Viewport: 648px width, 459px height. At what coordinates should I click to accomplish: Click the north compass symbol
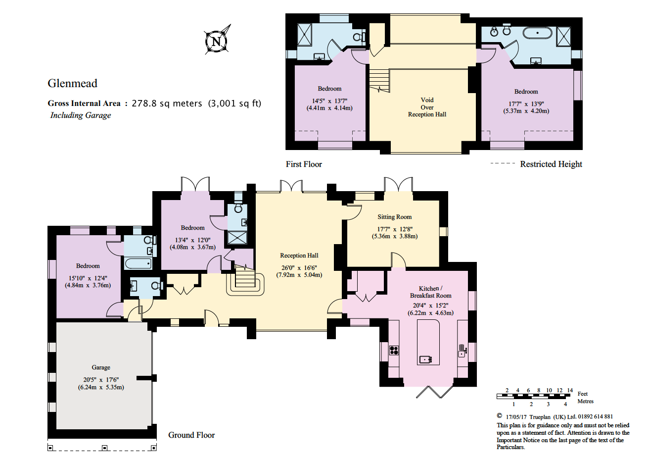coord(217,40)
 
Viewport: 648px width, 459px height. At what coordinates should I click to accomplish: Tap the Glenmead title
coord(72,83)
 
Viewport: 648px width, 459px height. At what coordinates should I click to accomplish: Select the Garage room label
coord(101,367)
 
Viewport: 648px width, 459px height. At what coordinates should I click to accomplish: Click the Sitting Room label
coord(394,216)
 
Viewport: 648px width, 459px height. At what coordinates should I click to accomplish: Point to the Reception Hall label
coord(299,255)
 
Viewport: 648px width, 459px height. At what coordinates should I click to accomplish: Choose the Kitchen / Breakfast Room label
coord(430,292)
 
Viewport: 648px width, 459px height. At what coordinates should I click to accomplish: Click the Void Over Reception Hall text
coord(427,107)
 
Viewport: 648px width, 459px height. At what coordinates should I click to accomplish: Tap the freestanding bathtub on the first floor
coord(537,33)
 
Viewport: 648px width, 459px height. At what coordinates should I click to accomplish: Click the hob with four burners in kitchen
coord(394,350)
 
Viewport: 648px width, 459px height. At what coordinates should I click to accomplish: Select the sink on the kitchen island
coord(426,359)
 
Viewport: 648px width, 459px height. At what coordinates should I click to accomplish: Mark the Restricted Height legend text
coord(551,164)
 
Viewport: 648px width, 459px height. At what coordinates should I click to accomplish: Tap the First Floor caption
coord(304,164)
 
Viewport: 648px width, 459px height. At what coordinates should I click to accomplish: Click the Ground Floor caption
coord(191,435)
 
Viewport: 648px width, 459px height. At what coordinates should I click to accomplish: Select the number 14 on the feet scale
coord(570,390)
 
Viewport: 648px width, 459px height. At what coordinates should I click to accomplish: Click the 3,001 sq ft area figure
coord(234,103)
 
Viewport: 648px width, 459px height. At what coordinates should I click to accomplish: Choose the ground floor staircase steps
coord(245,277)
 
